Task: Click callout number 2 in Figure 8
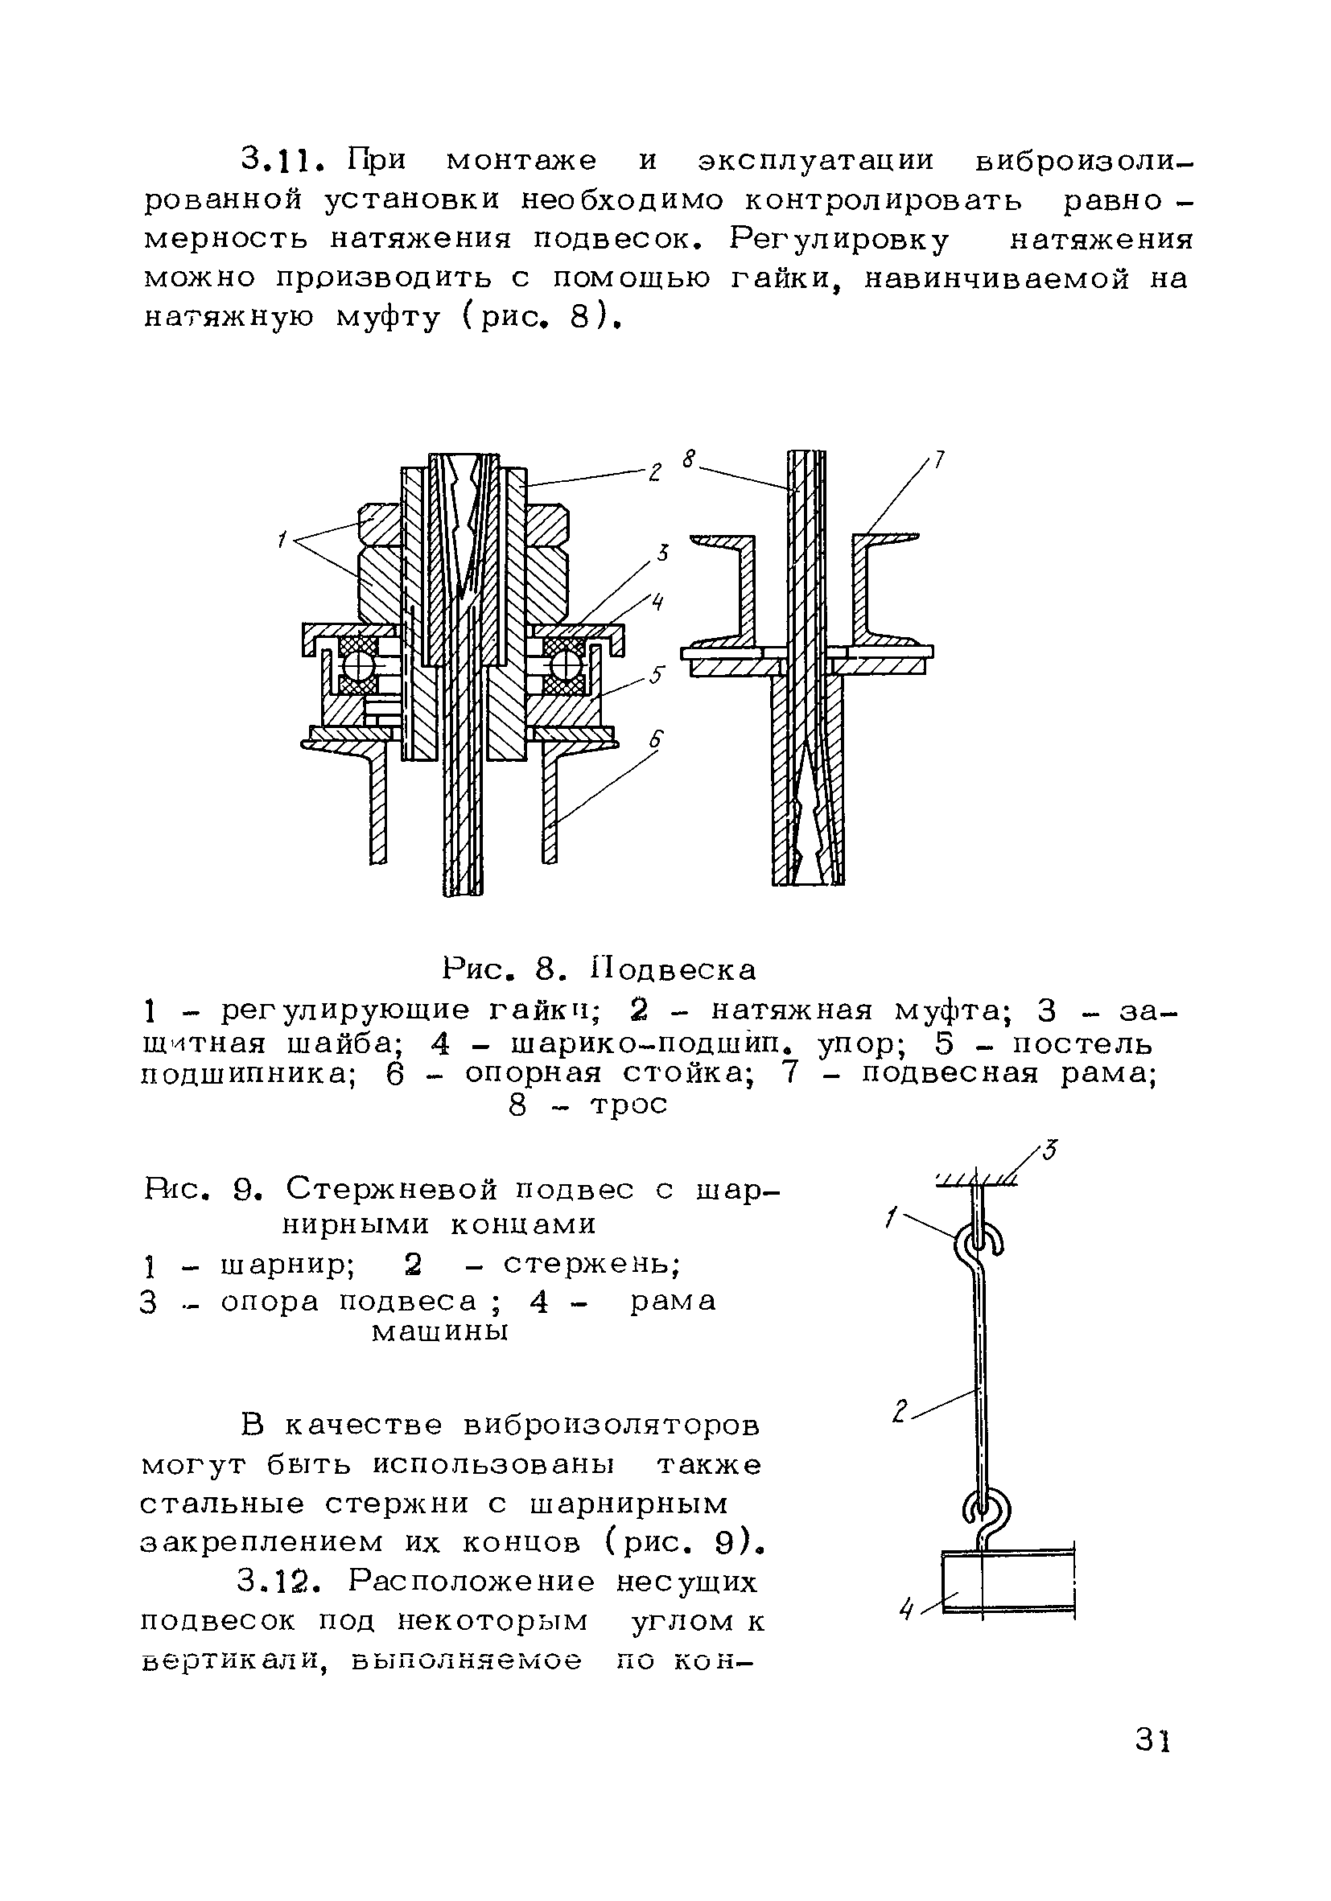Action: click(x=654, y=473)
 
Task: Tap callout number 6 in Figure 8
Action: click(x=656, y=740)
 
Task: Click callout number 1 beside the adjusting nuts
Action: click(x=282, y=541)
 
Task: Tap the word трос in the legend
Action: click(x=627, y=1105)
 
